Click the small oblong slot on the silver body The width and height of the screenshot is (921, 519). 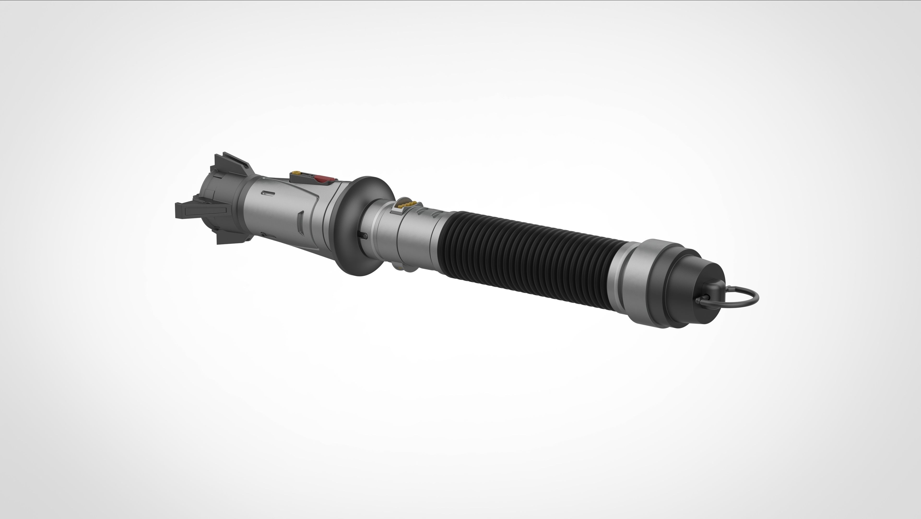coord(268,193)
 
